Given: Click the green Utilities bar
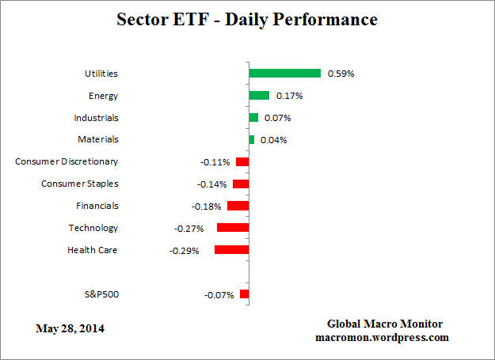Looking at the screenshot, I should [284, 73].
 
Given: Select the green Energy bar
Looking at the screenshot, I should [259, 95].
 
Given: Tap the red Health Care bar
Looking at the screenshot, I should [231, 250].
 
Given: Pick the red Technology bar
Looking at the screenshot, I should [233, 228].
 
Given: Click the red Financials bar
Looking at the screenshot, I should [238, 206].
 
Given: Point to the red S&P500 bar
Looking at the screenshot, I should [244, 294].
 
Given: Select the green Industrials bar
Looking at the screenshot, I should [253, 117].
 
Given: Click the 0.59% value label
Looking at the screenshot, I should [341, 74].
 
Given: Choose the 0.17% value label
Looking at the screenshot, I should [290, 96].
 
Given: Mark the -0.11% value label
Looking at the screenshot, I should [215, 162].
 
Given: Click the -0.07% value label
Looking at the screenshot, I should [219, 295].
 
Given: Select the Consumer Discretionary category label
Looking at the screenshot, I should [67, 161].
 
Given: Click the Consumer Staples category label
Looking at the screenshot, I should [79, 184].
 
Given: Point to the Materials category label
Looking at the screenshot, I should [98, 139].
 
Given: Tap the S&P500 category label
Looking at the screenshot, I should [101, 294].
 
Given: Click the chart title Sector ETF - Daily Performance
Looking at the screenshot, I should [247, 19].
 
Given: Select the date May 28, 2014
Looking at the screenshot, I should [70, 328].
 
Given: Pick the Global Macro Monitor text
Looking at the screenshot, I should [385, 324].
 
